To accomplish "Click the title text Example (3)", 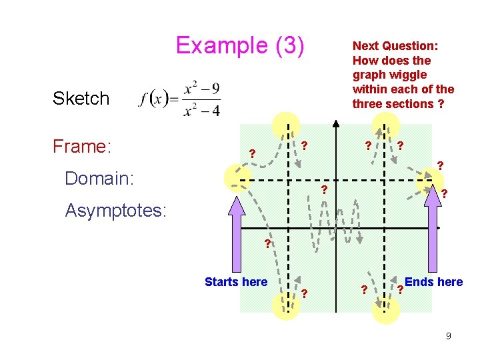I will click(240, 45).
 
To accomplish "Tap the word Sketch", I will click(81, 99).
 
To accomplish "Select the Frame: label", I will click(81, 146).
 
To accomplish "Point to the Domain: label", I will click(99, 178).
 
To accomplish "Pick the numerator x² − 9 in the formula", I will click(202, 89).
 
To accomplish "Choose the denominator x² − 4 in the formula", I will click(202, 110).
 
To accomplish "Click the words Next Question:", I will click(395, 46).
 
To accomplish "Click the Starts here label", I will click(236, 282).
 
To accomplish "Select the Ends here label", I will click(434, 282).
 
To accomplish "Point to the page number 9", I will click(449, 336).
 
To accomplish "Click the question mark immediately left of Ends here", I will click(399, 290).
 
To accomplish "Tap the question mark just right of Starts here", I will click(304, 293).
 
